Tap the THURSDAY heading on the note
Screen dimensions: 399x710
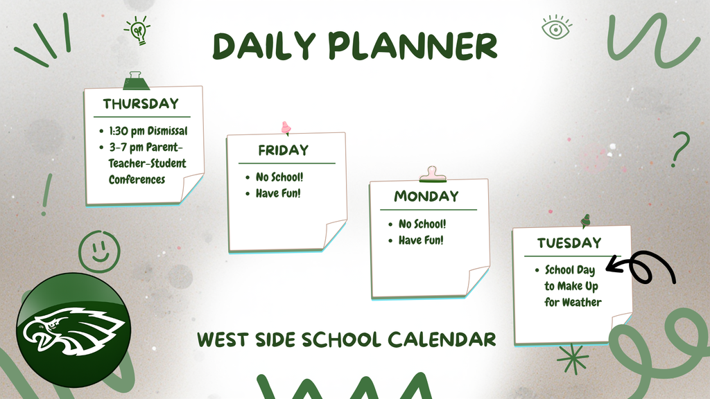[141, 104]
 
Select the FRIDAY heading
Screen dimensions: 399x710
[283, 150]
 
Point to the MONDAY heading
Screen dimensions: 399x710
[426, 196]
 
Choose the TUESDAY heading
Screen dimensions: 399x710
[569, 243]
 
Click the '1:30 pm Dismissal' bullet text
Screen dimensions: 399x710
[148, 130]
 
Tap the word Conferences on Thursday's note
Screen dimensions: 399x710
[137, 179]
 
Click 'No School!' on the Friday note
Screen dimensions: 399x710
[279, 177]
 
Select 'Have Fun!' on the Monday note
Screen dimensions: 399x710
[420, 240]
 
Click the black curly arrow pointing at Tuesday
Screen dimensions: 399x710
[643, 267]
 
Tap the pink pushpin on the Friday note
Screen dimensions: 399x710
[285, 128]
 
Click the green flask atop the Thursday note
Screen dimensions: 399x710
[136, 81]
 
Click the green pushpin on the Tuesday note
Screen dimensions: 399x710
[586, 221]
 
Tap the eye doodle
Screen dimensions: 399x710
[556, 28]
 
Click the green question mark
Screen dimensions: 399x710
[680, 150]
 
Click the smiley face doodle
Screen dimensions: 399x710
[99, 251]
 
